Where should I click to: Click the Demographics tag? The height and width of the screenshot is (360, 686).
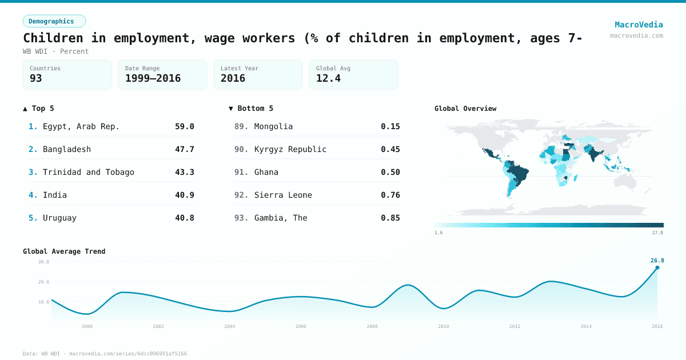(x=54, y=21)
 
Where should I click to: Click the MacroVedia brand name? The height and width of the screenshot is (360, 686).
(x=639, y=25)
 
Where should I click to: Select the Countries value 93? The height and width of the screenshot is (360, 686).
(x=36, y=78)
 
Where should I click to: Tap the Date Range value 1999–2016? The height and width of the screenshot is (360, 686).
(x=153, y=78)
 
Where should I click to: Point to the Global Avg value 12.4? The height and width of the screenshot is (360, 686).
(x=328, y=78)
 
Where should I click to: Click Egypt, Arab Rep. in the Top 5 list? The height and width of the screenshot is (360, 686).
(x=81, y=126)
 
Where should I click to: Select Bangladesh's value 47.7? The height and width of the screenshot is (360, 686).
(x=184, y=149)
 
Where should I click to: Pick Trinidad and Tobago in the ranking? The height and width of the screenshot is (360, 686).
(x=89, y=172)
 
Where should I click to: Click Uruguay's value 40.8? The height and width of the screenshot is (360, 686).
(x=184, y=218)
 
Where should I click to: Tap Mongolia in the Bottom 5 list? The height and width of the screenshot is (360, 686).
(x=273, y=126)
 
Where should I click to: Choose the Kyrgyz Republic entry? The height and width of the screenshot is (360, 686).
(x=290, y=149)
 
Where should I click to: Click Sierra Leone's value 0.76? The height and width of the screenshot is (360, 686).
(x=390, y=195)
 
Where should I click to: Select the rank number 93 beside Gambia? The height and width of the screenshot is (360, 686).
(x=241, y=218)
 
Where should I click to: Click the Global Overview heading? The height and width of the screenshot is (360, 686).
(x=465, y=109)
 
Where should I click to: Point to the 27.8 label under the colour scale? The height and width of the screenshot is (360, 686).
(x=657, y=233)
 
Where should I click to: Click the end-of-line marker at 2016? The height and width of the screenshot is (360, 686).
(x=657, y=267)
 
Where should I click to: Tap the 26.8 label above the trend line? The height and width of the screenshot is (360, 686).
(x=657, y=261)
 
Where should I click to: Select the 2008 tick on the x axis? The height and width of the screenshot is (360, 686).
(x=372, y=326)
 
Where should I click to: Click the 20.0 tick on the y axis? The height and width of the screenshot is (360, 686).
(x=44, y=282)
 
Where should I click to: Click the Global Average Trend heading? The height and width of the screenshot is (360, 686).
(x=64, y=251)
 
